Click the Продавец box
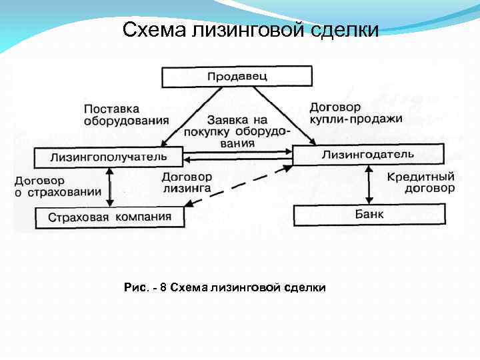coord(237,76)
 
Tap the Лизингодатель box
coord(367,155)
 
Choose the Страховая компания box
coord(109,217)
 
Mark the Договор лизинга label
coord(187,183)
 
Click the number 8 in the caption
coord(163,287)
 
